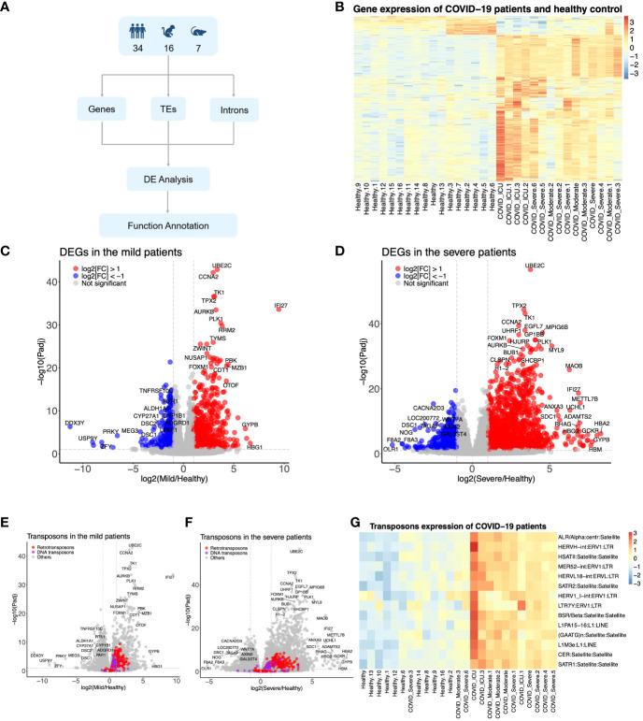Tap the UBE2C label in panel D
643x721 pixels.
pos(535,267)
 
